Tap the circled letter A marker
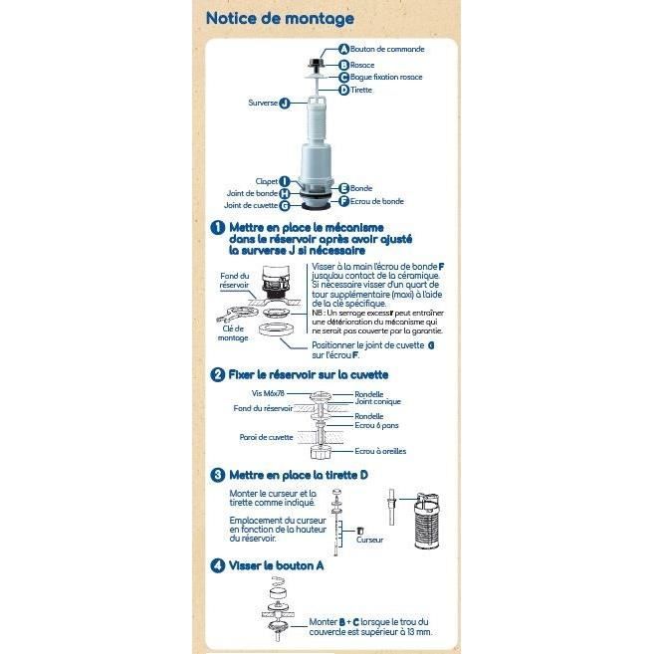tap(344, 49)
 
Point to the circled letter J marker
tap(285, 103)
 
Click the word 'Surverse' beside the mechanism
tap(262, 103)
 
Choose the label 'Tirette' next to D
tap(361, 90)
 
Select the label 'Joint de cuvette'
tap(251, 205)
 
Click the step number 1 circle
tap(217, 228)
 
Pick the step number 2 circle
tap(217, 374)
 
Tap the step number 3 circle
tap(217, 476)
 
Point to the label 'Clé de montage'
tap(233, 331)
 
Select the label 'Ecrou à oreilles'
tap(381, 451)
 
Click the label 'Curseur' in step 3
tap(369, 539)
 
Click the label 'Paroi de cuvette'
tap(266, 437)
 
